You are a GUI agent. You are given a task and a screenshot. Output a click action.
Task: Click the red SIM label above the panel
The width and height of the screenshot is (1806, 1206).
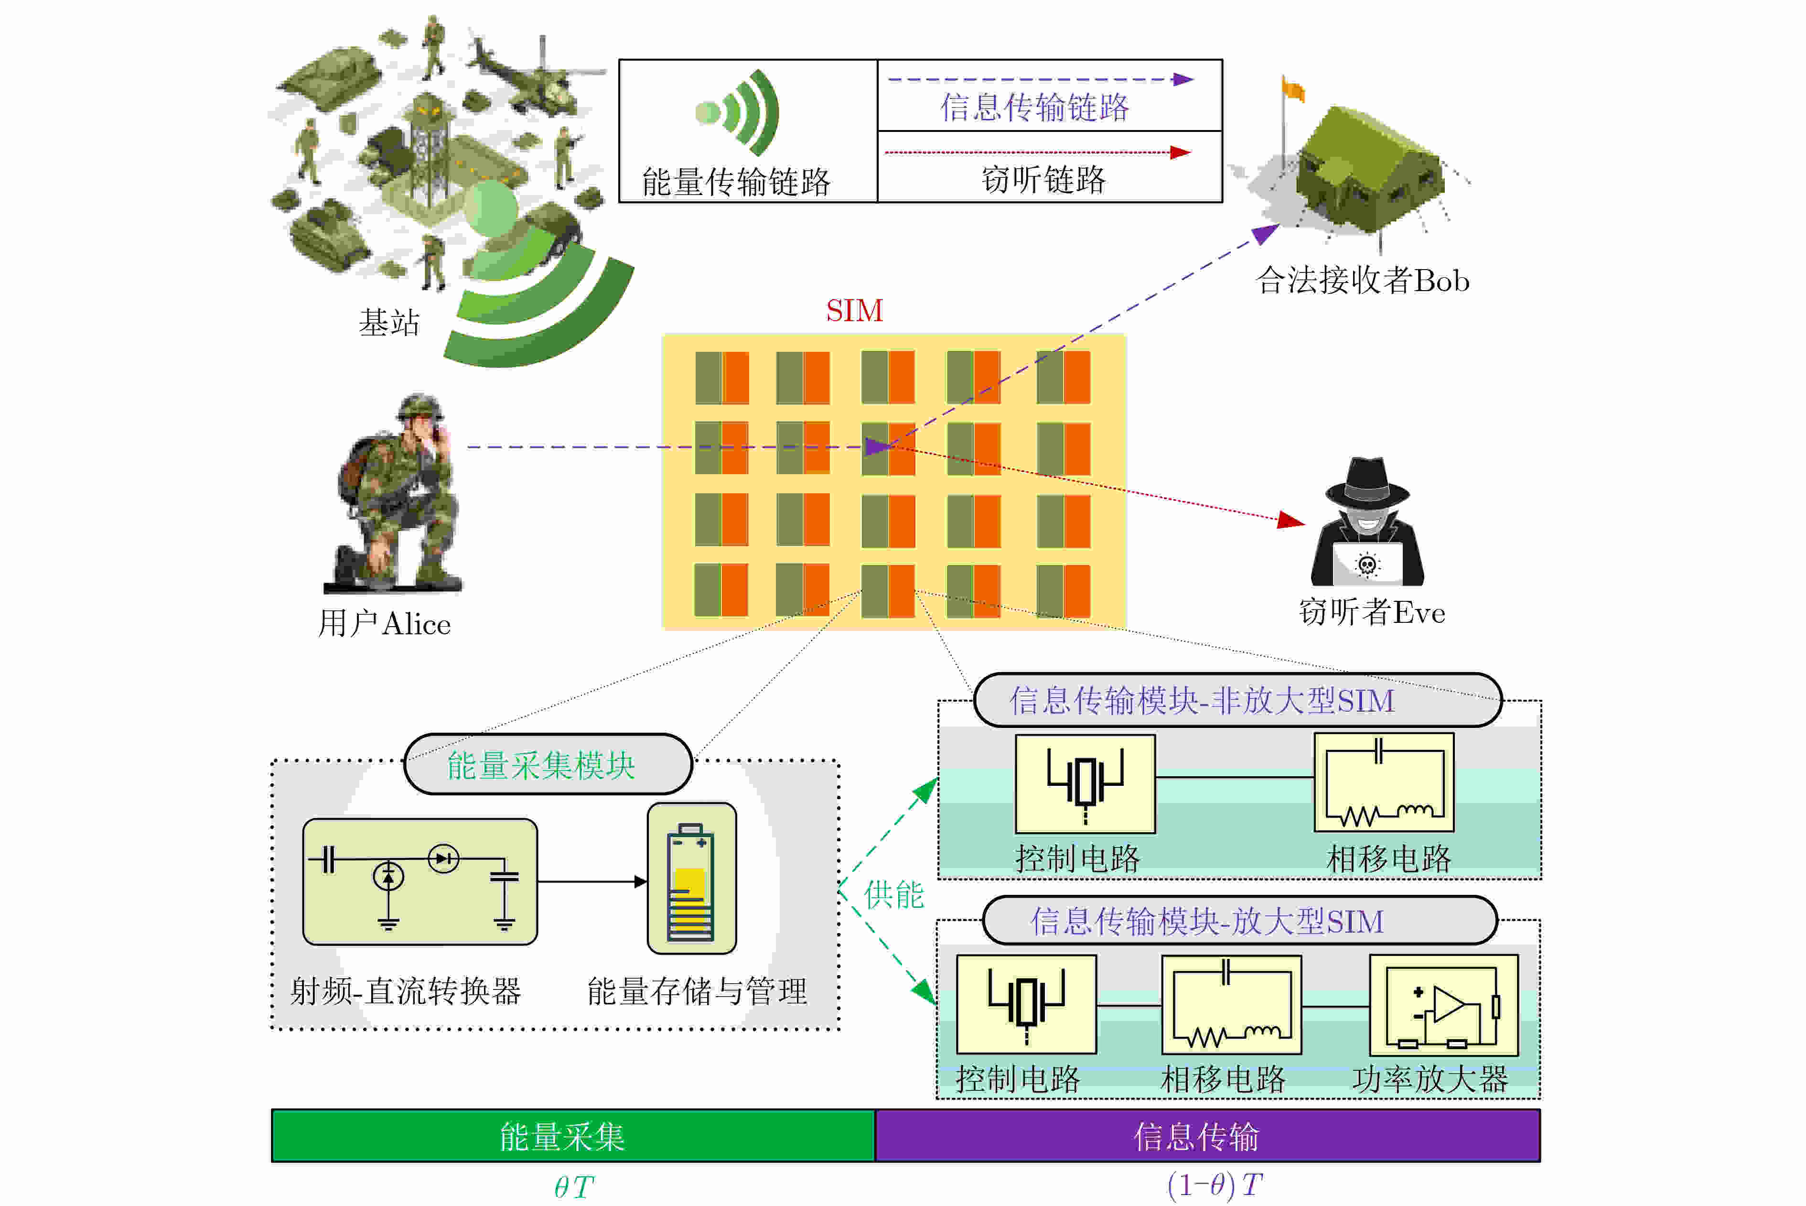point(854,311)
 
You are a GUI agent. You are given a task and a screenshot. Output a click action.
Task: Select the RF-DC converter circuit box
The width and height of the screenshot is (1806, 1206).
point(420,881)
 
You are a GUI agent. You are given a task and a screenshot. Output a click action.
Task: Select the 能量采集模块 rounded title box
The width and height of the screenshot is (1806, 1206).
point(548,764)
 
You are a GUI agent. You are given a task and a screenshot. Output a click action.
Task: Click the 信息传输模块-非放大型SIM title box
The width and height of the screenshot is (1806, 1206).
point(1236,700)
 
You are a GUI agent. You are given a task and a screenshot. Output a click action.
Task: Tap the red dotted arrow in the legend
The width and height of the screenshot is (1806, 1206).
point(1038,152)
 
